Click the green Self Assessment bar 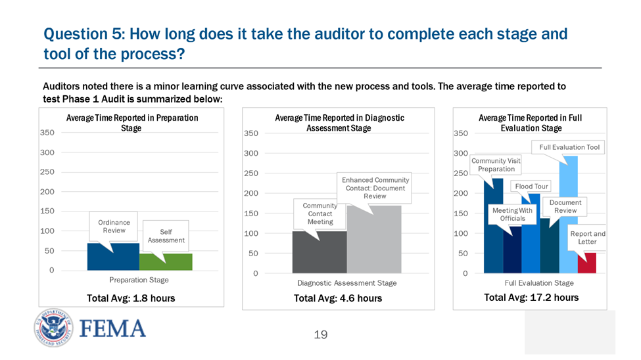pos(166,262)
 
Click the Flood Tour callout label pos(531,187)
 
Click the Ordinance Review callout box pos(114,227)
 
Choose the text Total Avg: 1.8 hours pos(131,298)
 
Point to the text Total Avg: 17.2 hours pos(531,298)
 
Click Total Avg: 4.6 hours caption pos(337,298)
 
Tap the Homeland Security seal pos(56,328)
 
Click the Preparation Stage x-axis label pos(139,280)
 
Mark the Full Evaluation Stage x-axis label pos(539,283)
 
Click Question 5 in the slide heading pos(81,34)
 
